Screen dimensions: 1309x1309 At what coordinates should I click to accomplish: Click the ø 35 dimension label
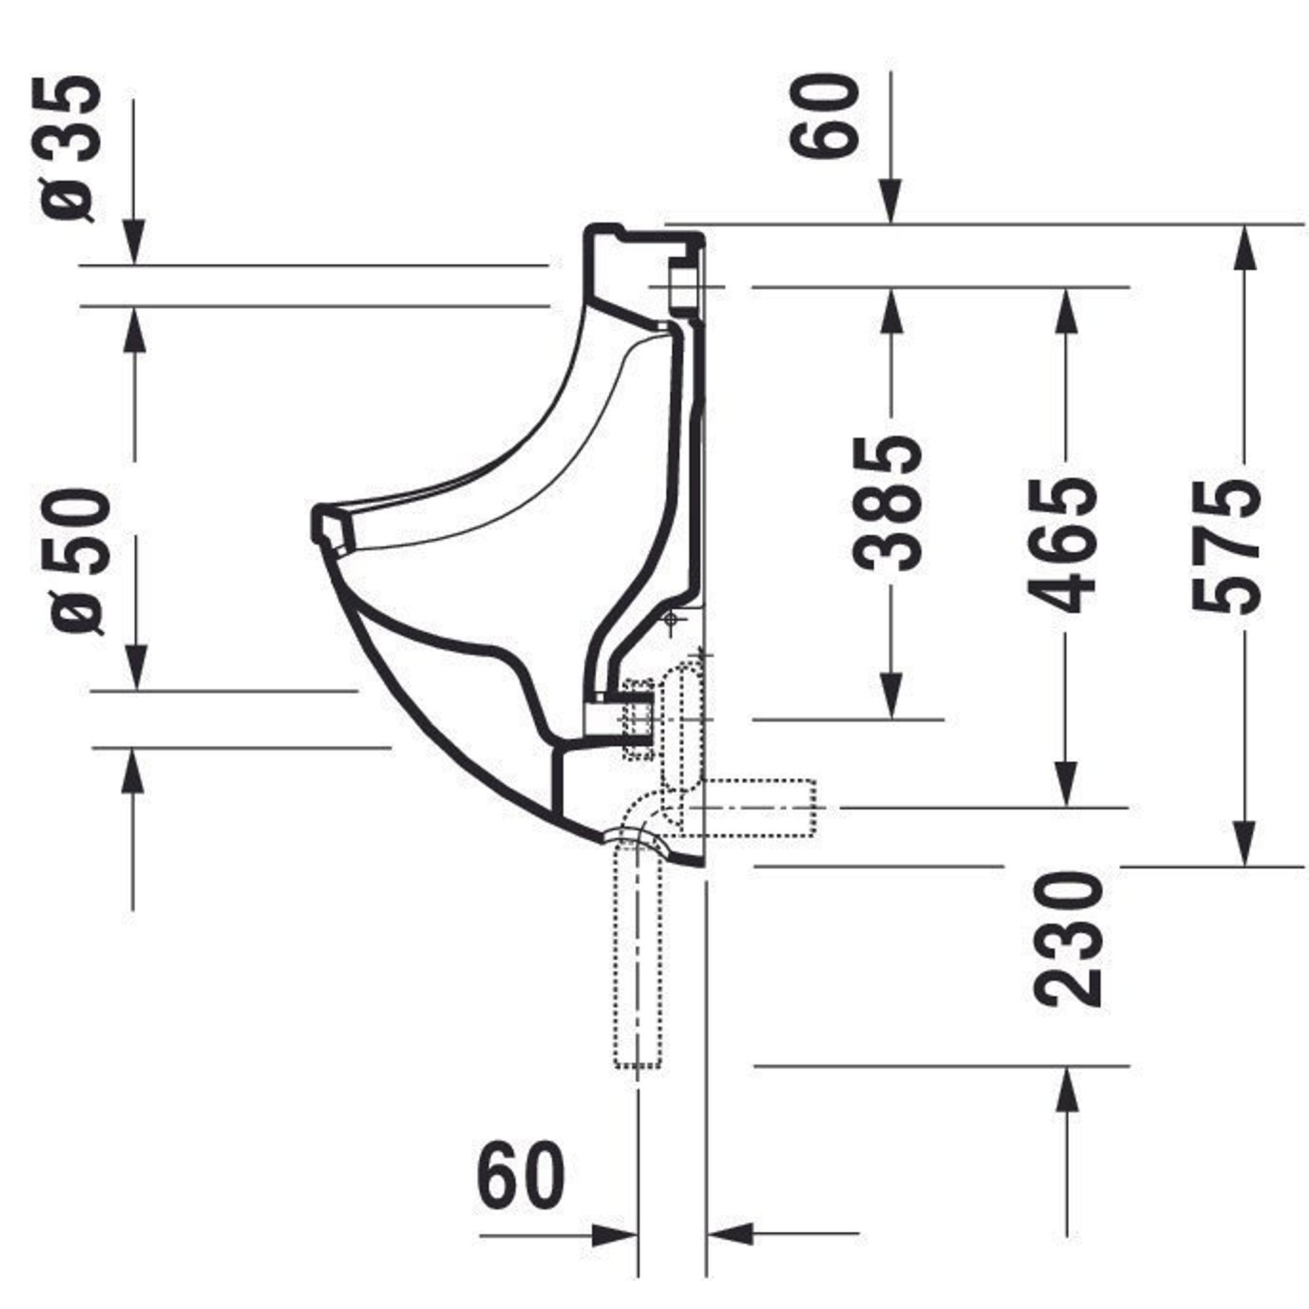[68, 149]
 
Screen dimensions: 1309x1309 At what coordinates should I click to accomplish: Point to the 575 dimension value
[1227, 547]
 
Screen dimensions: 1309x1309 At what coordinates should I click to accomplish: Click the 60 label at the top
[825, 116]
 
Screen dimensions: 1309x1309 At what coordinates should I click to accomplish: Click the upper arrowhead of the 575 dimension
[1245, 247]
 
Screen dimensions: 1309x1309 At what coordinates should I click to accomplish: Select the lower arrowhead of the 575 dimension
[1245, 844]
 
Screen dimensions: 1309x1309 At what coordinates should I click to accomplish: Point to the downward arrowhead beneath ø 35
[134, 243]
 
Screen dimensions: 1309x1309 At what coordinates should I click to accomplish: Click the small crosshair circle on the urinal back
[671, 618]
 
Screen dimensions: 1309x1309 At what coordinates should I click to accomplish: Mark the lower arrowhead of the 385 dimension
[891, 696]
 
